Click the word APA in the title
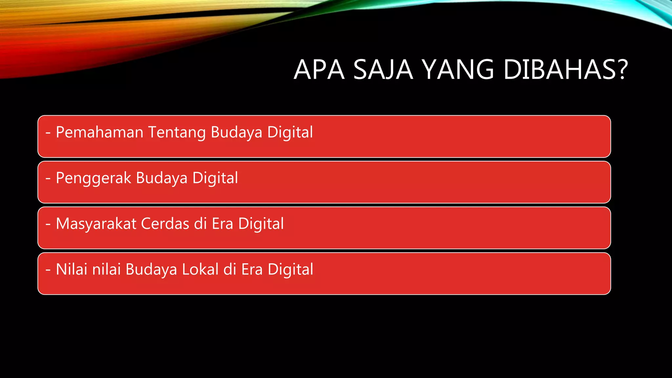click(x=319, y=70)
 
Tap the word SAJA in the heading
click(x=383, y=70)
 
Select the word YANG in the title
click(x=458, y=70)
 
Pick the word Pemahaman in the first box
click(x=99, y=132)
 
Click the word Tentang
click(x=177, y=133)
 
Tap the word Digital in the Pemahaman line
click(x=290, y=133)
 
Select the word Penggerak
click(x=93, y=178)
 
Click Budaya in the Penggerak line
click(x=161, y=178)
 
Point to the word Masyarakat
click(x=96, y=224)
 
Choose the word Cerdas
click(x=165, y=224)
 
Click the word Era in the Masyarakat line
click(x=222, y=224)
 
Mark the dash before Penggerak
click(x=48, y=178)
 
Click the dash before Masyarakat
click(x=48, y=224)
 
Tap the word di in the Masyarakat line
click(x=200, y=224)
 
